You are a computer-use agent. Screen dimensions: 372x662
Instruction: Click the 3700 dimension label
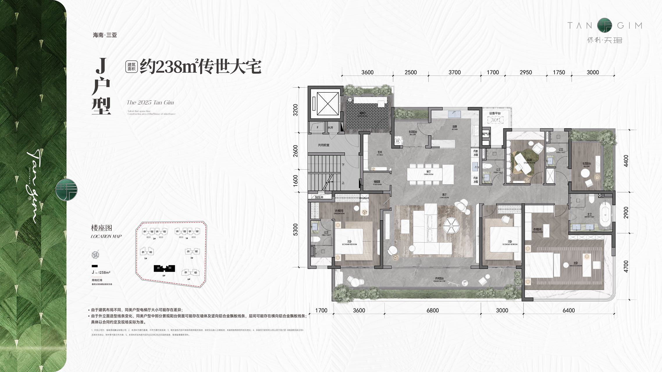coord(454,72)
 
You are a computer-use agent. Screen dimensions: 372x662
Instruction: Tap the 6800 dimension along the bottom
coord(433,310)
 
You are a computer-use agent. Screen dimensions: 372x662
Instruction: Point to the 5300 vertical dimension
coord(296,229)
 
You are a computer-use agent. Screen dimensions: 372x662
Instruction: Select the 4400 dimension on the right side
coord(626,161)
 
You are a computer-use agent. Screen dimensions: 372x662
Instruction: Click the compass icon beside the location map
coord(95,255)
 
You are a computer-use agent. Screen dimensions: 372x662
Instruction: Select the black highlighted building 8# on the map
coord(164,268)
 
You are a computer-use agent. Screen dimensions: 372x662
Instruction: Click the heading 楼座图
coord(102,228)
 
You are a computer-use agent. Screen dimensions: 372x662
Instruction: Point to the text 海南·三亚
coord(105,35)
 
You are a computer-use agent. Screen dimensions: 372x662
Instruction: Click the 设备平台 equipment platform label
coord(495,113)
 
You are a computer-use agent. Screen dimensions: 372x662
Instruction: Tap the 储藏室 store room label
coord(377,182)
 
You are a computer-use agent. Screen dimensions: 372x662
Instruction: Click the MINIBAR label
coord(364,198)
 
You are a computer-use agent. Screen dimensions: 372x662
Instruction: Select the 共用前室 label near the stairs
coord(323,145)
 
